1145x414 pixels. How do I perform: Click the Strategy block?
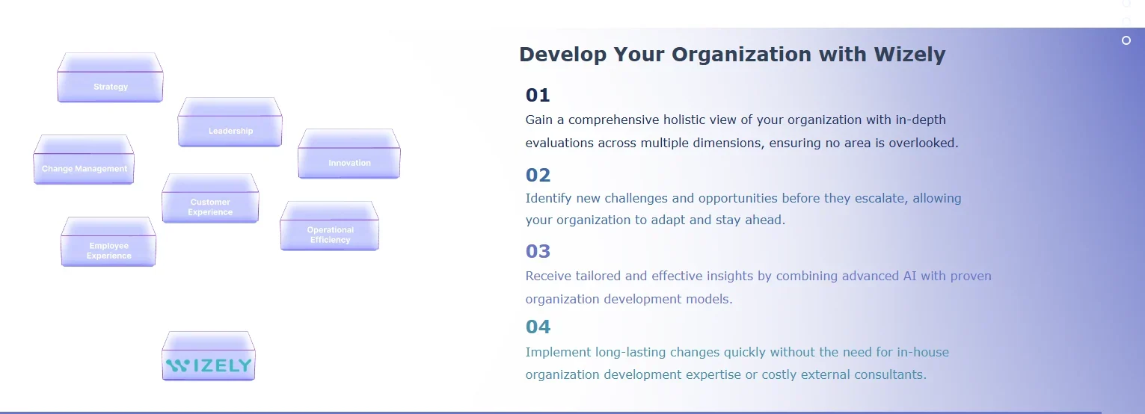[110, 78]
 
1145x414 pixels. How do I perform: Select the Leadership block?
[230, 122]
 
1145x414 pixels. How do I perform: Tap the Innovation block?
[349, 154]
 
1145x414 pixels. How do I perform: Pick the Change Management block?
[84, 159]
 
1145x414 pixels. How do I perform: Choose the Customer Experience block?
[210, 198]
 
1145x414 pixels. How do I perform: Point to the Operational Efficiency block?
[330, 226]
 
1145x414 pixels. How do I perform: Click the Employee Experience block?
[108, 241]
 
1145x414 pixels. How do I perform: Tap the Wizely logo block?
[209, 356]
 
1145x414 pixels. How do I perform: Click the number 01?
[538, 95]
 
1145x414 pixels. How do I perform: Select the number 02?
[538, 175]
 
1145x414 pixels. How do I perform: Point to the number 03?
[538, 251]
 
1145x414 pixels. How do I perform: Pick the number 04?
[538, 327]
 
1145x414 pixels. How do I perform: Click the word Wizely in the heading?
[910, 55]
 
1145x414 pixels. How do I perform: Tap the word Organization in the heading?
[741, 55]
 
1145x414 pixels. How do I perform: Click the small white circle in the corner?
[1126, 40]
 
